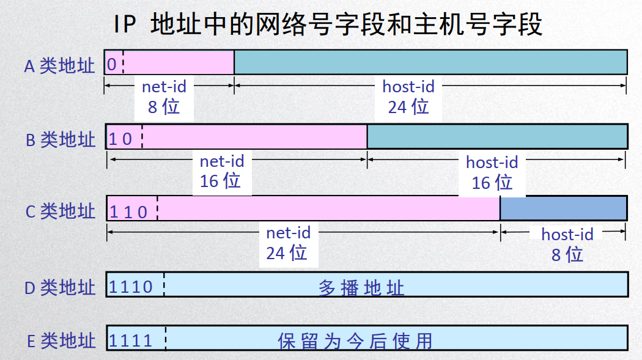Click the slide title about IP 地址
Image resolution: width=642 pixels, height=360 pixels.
coord(327,25)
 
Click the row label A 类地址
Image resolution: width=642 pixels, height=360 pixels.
coord(59,65)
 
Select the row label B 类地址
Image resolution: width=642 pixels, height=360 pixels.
coord(61,139)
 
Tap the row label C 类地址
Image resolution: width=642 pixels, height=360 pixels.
coord(61,211)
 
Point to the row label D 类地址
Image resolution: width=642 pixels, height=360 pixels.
coord(60,287)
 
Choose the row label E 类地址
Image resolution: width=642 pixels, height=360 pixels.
coord(61,340)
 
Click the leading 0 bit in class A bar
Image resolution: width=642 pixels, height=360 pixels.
coord(112,64)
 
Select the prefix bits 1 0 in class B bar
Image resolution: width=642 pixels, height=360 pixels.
coord(120,139)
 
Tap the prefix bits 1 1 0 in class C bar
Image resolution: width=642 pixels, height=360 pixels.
coord(128,211)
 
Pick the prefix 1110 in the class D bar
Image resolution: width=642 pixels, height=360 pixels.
coord(131,286)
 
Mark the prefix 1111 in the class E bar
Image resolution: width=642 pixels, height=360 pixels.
coord(131,340)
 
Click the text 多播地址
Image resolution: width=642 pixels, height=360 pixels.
coord(361,287)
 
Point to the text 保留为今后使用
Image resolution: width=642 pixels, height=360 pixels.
coord(355,340)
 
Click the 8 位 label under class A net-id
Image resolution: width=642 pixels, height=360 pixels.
coord(164,106)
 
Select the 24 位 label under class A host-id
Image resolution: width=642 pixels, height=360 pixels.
coord(408,106)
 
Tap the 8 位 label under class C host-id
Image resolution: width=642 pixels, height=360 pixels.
coord(567,253)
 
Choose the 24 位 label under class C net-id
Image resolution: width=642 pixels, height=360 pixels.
coord(287,252)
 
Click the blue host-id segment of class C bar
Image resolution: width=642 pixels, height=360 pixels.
coord(563,208)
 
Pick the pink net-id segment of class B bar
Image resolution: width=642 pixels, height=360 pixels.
coord(254,136)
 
